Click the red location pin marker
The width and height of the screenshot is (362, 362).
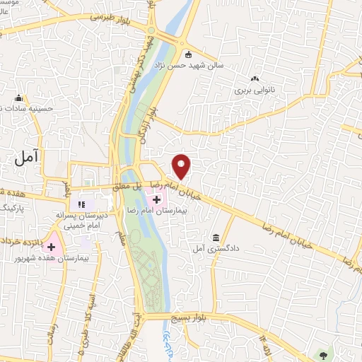182,166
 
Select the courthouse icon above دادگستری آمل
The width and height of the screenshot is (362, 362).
216,238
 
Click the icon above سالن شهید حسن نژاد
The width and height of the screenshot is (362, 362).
188,54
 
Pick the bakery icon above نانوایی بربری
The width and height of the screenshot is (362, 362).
254,78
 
